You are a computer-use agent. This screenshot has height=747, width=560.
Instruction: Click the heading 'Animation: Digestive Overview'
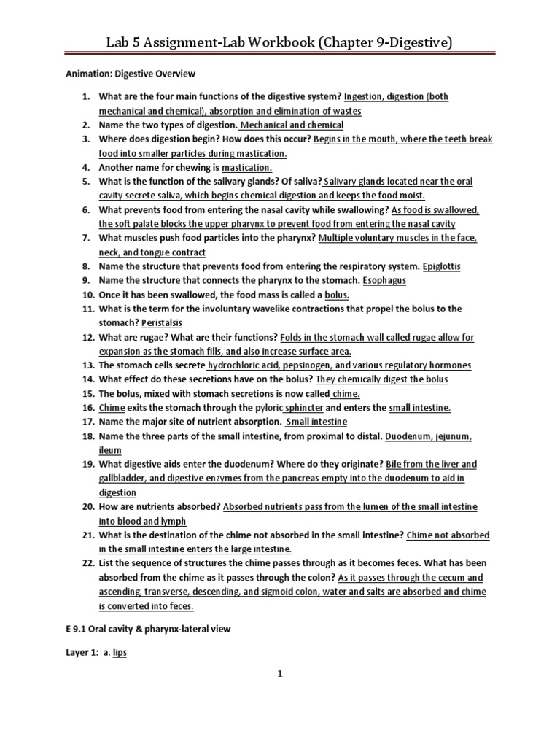click(x=128, y=74)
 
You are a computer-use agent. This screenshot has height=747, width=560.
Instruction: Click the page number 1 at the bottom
click(x=279, y=675)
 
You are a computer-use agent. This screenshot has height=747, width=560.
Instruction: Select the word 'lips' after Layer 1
click(x=119, y=653)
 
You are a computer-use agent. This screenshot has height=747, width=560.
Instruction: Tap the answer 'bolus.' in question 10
click(x=337, y=295)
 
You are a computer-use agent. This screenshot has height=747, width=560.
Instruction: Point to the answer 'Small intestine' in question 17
click(x=316, y=422)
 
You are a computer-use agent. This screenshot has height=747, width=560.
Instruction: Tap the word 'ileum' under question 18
click(x=110, y=450)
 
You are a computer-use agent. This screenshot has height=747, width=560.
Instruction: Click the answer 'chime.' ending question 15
click(x=346, y=393)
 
